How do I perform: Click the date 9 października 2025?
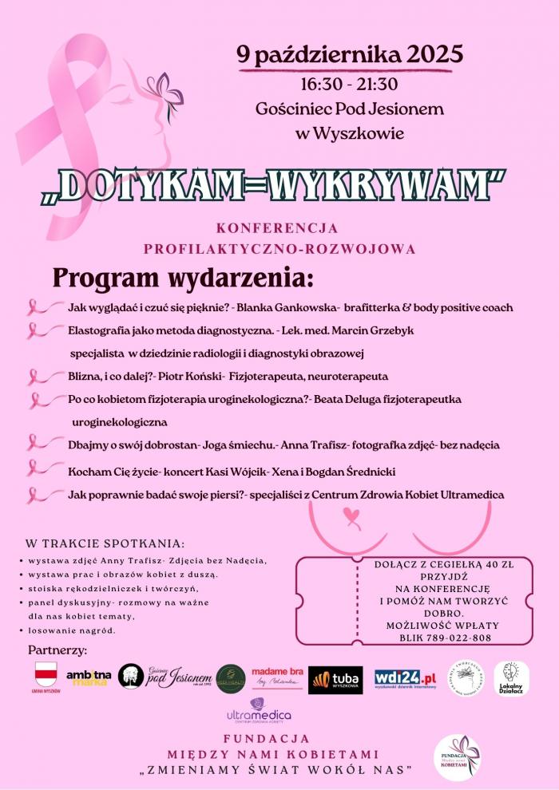[x=349, y=54]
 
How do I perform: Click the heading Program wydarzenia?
[x=183, y=279]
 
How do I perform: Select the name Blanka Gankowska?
[x=292, y=307]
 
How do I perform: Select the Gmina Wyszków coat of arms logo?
[x=47, y=676]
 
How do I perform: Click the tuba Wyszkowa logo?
[x=335, y=679]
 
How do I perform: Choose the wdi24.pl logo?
[x=406, y=677]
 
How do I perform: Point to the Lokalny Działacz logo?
[x=511, y=677]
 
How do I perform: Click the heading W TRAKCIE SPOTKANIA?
[x=105, y=543]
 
